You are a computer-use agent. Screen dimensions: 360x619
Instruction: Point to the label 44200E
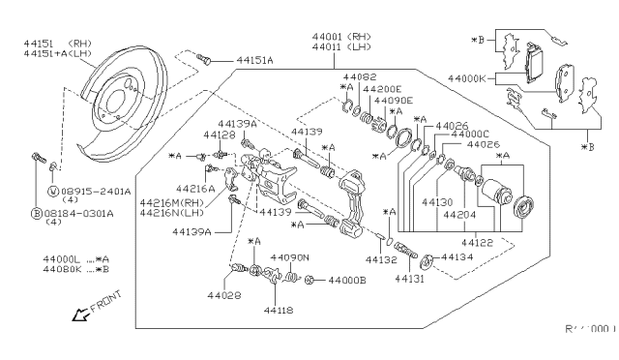tap(376, 87)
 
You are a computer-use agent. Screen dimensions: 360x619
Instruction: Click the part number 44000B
tap(345, 281)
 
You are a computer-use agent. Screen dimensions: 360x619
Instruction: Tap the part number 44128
tap(220, 135)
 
